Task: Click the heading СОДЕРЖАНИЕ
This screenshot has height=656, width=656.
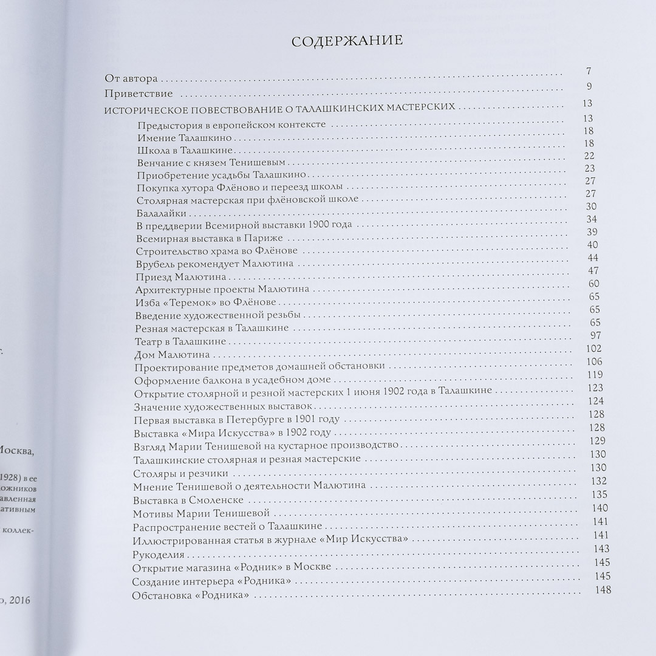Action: click(347, 42)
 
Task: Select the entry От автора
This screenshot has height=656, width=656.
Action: click(131, 78)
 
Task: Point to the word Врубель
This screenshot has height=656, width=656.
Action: click(155, 264)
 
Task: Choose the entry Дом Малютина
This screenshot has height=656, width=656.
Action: click(172, 354)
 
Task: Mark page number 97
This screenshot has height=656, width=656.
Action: click(595, 336)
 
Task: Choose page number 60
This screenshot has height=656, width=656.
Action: click(593, 283)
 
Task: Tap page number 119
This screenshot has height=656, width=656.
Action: click(595, 374)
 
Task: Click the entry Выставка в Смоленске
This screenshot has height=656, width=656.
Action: click(188, 500)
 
